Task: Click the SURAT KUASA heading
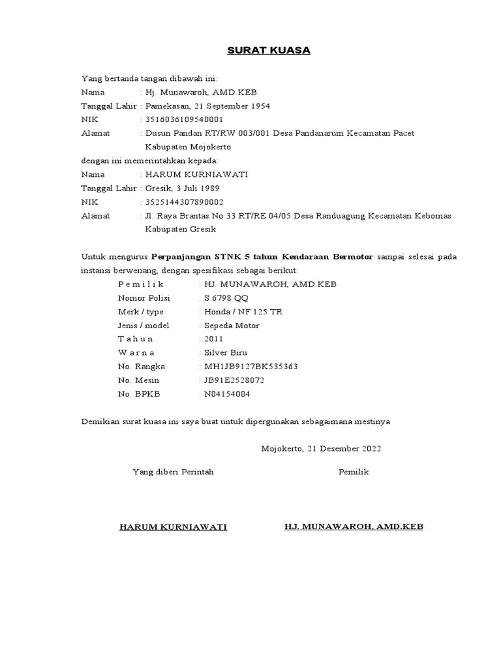pyautogui.click(x=269, y=50)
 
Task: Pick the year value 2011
pyautogui.click(x=213, y=339)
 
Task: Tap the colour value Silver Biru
pyautogui.click(x=226, y=352)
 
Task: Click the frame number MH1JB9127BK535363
pyautogui.click(x=251, y=366)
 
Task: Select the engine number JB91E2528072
pyautogui.click(x=235, y=380)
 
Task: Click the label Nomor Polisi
pyautogui.click(x=144, y=297)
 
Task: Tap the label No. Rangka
pyautogui.click(x=142, y=366)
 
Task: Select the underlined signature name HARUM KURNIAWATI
pyautogui.click(x=173, y=527)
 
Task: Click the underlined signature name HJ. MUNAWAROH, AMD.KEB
pyautogui.click(x=354, y=526)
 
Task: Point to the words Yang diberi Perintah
pyautogui.click(x=173, y=472)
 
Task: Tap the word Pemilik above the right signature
pyautogui.click(x=354, y=472)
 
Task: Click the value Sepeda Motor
pyautogui.click(x=232, y=325)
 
